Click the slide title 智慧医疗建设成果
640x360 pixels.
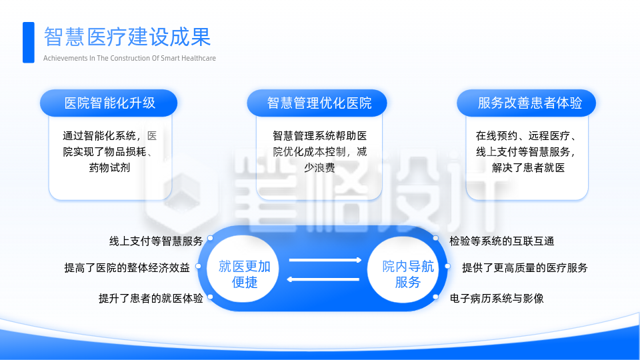tap(127, 37)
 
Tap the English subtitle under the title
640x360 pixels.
tap(129, 58)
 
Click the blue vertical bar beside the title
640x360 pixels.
tap(28, 43)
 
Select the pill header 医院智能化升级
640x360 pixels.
tap(109, 103)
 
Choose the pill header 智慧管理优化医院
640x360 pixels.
tap(319, 103)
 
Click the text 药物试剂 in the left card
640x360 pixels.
tap(109, 167)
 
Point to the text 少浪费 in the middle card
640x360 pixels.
tap(319, 167)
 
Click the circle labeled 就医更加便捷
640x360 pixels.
tap(244, 274)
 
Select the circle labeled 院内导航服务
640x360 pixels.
tap(407, 274)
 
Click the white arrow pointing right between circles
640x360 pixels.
tap(325, 260)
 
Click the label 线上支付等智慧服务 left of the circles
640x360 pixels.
tap(155, 241)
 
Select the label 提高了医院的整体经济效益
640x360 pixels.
tap(127, 268)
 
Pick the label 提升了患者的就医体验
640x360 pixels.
tap(150, 298)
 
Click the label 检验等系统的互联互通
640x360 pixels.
tap(501, 241)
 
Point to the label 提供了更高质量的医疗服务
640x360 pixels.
tap(525, 268)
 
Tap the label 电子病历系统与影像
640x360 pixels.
tap(497, 298)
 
